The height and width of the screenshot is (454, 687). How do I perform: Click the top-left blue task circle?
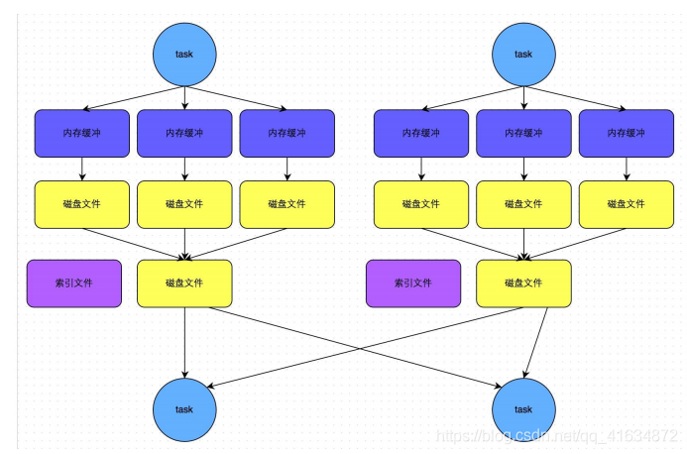184,54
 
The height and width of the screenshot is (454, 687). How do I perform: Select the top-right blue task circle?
523,54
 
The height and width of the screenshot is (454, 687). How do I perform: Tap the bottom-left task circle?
184,408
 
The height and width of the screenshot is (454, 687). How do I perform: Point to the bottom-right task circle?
523,408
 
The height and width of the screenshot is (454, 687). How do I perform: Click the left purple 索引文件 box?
74,284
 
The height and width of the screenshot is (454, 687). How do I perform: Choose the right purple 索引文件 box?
413,284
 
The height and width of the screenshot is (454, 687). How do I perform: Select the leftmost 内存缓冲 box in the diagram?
81,133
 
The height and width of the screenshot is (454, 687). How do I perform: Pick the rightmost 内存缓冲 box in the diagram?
626,133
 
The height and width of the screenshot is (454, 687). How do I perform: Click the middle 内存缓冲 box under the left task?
184,133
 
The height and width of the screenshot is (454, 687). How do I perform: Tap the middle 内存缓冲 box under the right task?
523,133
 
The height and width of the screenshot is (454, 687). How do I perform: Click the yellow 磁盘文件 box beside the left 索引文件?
184,284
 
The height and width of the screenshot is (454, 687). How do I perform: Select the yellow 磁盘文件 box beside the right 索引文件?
523,284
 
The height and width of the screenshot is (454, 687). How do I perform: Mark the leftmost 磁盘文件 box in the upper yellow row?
81,204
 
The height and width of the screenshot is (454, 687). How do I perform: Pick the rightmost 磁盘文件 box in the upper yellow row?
626,204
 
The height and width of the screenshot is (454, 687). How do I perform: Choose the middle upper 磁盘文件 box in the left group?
184,204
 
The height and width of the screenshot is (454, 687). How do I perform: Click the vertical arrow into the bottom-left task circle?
184,342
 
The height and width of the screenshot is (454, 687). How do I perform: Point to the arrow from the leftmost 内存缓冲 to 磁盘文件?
81,169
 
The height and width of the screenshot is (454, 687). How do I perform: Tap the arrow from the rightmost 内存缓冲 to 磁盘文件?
626,169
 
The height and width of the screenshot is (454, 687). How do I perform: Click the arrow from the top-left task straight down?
184,95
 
